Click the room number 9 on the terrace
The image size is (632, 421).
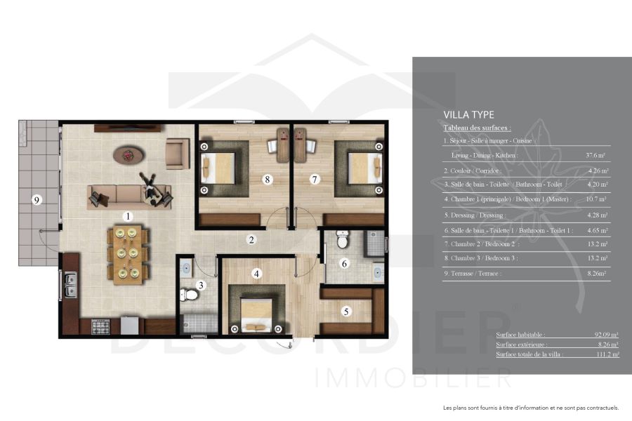point(38,200)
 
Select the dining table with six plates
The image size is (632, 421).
point(127,253)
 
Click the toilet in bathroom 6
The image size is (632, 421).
point(342,241)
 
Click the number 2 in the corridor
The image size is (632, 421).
point(251,240)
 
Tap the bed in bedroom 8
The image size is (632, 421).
point(219,168)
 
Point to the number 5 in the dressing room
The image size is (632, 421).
point(345,310)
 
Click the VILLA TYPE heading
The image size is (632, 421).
point(468,115)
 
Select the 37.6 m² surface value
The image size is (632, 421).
point(596,155)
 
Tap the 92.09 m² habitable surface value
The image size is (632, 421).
point(605,335)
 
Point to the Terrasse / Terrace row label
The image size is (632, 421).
point(473,274)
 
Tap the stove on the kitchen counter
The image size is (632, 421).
point(100,326)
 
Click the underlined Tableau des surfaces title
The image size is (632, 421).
point(477,128)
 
